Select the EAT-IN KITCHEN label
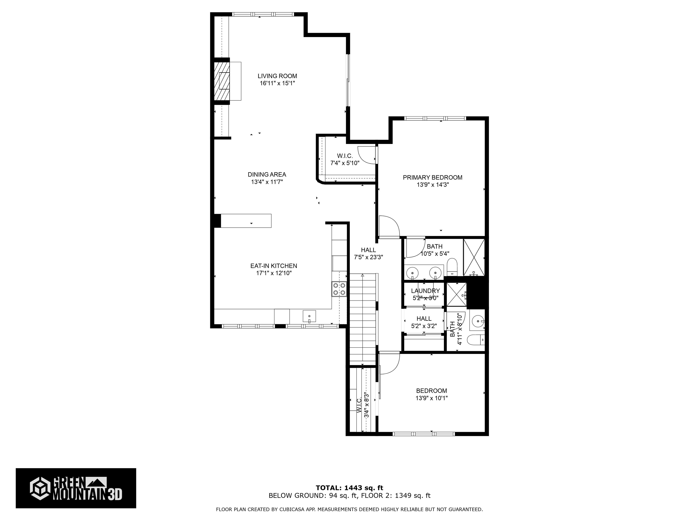click(x=274, y=266)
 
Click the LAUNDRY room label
click(x=425, y=291)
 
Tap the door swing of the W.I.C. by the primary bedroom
click(x=367, y=155)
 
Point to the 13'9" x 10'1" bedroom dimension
click(x=431, y=398)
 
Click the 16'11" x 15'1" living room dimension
click(x=277, y=83)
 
